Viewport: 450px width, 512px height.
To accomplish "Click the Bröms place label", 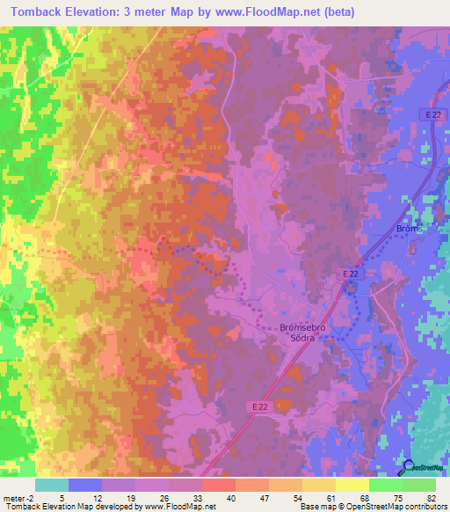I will coord(409,228).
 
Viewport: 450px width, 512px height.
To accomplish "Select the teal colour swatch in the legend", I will coord(51,485).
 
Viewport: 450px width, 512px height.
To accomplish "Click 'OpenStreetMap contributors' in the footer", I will coord(400,507).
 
